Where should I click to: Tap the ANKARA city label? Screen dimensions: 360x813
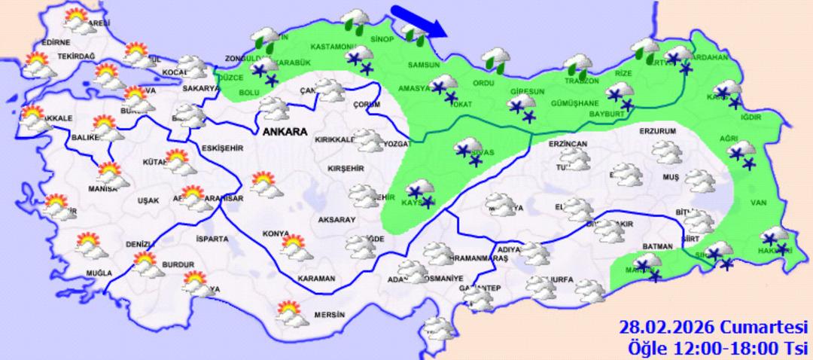pyautogui.click(x=285, y=132)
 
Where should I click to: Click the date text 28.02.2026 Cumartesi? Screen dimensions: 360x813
pyautogui.click(x=713, y=328)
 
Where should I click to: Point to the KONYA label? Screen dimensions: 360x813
pyautogui.click(x=276, y=233)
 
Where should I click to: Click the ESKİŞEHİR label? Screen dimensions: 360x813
pyautogui.click(x=222, y=149)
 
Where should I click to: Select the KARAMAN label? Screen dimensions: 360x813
pyautogui.click(x=315, y=279)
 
